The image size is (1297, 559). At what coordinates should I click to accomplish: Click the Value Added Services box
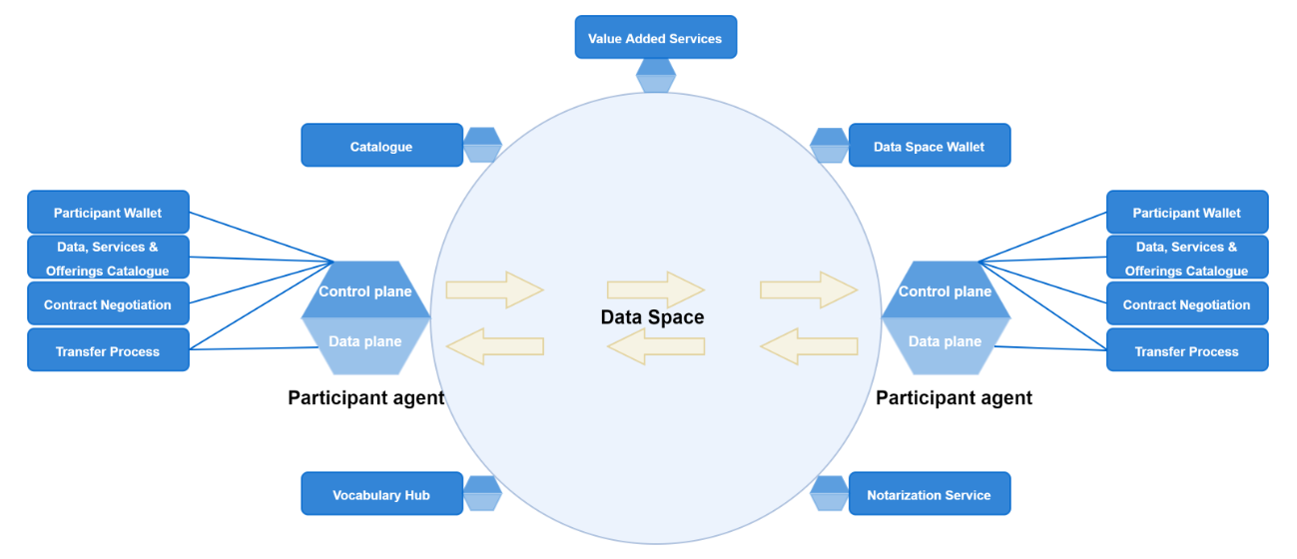(x=655, y=38)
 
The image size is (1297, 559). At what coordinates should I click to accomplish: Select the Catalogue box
(x=381, y=146)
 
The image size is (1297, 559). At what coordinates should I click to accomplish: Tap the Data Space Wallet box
(x=929, y=146)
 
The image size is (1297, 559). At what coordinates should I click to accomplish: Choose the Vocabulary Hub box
(x=381, y=494)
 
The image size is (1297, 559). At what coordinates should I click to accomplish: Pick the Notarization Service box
(x=929, y=494)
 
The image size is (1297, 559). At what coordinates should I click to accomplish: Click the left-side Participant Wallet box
(x=108, y=212)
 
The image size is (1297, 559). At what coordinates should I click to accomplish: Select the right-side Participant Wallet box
(x=1186, y=212)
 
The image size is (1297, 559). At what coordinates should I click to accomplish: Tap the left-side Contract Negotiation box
(x=108, y=304)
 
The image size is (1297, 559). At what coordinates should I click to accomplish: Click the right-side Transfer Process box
(x=1186, y=350)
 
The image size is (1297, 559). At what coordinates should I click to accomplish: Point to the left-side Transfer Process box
(x=108, y=350)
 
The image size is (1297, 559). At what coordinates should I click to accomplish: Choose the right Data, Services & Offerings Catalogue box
(x=1186, y=258)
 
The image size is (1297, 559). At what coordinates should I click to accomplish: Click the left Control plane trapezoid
(x=365, y=290)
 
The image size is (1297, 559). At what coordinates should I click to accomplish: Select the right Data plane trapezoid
(x=945, y=340)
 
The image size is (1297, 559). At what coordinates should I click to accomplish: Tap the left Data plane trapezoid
(x=365, y=340)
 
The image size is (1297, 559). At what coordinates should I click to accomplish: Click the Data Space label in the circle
(x=652, y=317)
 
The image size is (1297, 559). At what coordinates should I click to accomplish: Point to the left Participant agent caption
(x=365, y=397)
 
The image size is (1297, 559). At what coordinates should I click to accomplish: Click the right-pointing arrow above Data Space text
(x=655, y=289)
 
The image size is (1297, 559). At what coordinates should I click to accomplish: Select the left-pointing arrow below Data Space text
(x=655, y=346)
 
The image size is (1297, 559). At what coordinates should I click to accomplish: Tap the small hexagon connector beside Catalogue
(x=483, y=145)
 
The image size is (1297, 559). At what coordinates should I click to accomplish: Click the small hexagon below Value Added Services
(x=656, y=76)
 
